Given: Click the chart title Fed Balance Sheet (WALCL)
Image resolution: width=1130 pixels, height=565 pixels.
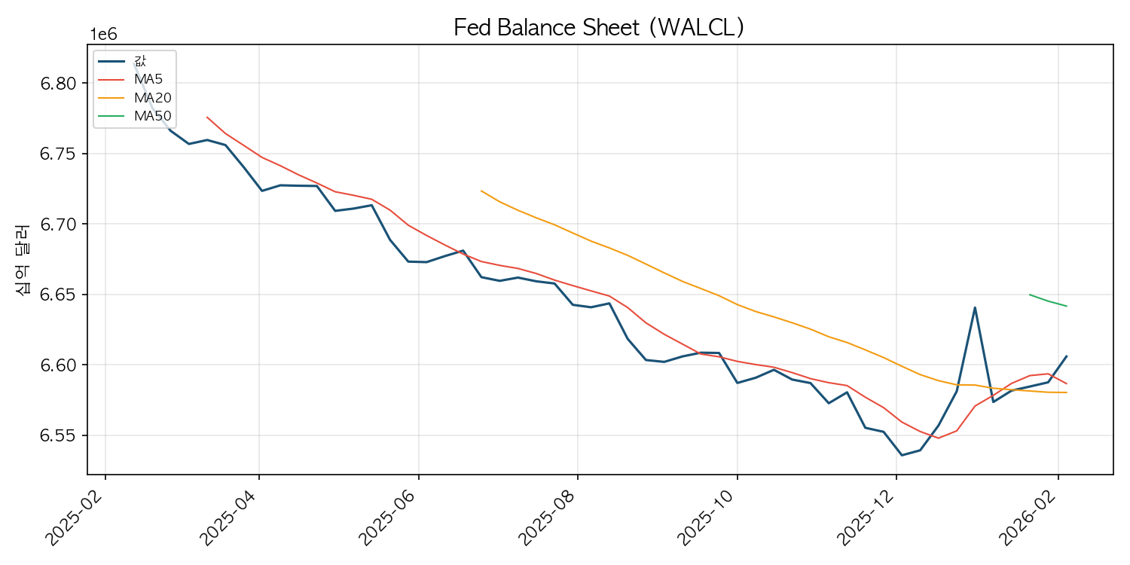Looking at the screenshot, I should tap(599, 27).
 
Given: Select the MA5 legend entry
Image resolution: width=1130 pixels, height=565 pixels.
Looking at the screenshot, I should tap(148, 78).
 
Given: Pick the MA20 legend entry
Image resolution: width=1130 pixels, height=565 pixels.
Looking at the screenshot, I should tap(151, 97).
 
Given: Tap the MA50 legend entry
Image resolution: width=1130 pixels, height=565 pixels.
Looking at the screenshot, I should tap(151, 116).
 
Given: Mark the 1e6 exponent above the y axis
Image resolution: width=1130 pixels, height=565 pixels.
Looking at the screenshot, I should tap(104, 35).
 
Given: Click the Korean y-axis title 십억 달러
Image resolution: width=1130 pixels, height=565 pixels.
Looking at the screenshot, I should tap(23, 259).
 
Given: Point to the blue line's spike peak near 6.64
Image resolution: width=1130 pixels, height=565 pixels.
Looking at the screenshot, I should tap(975, 307).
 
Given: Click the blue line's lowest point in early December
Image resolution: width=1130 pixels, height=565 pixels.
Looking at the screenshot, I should tap(902, 455).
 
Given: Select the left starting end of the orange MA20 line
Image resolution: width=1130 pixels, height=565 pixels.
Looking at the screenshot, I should tap(481, 191).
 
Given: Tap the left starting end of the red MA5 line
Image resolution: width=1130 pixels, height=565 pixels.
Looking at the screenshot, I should tap(206, 117).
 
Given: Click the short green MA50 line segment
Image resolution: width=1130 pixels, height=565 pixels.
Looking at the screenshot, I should tap(1048, 301).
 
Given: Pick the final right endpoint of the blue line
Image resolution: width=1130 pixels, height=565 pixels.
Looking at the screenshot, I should tap(1067, 356).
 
